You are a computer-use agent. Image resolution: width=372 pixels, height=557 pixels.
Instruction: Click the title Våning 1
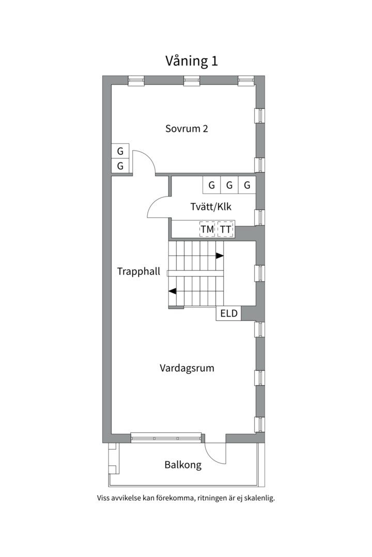click(x=192, y=61)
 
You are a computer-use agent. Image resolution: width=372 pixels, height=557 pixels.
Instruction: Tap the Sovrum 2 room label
click(x=187, y=128)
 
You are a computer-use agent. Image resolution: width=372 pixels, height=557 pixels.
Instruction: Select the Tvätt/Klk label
click(x=211, y=207)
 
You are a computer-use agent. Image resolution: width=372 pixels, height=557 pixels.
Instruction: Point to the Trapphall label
click(x=138, y=271)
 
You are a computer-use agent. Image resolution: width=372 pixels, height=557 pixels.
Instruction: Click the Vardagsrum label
click(x=187, y=368)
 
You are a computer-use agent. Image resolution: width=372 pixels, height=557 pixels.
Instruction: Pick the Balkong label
click(x=183, y=465)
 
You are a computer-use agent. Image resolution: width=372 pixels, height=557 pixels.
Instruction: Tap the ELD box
click(x=228, y=313)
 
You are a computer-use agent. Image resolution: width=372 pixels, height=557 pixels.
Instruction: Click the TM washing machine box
click(x=207, y=229)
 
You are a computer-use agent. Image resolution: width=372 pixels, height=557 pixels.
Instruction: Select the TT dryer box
click(x=225, y=229)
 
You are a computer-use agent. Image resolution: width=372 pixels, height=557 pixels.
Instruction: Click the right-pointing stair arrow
click(x=220, y=255)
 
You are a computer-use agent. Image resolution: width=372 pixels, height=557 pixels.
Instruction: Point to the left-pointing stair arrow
click(x=173, y=291)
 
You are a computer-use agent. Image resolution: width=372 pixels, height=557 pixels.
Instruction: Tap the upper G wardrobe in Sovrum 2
click(x=120, y=151)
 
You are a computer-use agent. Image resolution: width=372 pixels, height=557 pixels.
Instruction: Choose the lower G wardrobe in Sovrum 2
click(x=120, y=166)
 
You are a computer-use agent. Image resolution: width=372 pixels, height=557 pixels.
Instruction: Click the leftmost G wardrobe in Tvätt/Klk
click(x=211, y=185)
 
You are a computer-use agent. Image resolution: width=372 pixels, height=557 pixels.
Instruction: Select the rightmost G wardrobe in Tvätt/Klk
click(x=247, y=185)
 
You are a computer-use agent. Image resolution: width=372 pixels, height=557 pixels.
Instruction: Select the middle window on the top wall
click(x=192, y=80)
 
